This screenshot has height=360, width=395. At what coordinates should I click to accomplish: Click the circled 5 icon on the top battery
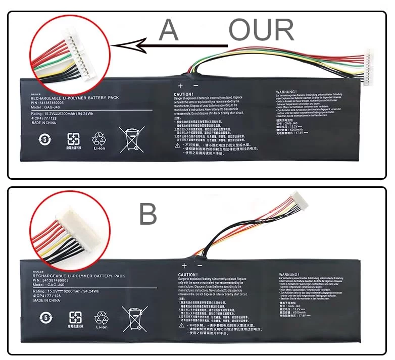pos(45,139)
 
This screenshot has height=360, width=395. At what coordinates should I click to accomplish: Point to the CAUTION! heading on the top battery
pos(183,94)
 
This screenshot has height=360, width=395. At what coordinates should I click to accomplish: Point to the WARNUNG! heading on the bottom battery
pos(289,275)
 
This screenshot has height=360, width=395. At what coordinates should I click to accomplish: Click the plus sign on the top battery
pos(180,86)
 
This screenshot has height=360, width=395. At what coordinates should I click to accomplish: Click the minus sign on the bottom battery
pos(200,266)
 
